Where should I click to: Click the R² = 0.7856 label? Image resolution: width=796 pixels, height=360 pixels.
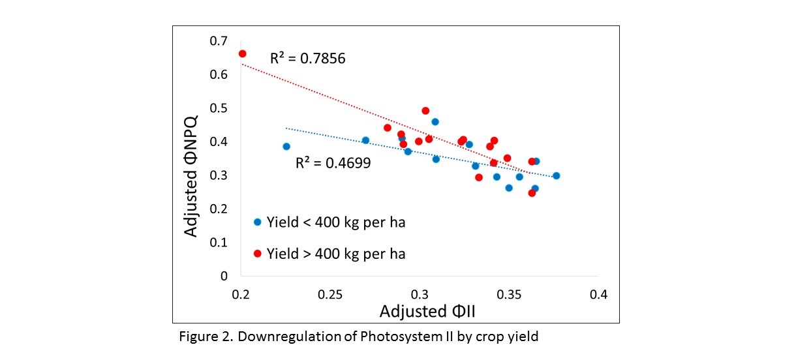307,59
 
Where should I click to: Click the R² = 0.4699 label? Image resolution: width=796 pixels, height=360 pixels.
333,163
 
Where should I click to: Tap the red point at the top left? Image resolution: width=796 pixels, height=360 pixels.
242,53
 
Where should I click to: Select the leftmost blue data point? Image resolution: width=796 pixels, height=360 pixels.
286,147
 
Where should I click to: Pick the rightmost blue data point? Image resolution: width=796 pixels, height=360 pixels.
556,175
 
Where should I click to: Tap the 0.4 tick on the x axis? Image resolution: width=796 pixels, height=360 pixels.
598,295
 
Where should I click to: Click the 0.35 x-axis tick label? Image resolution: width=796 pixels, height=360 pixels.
509,295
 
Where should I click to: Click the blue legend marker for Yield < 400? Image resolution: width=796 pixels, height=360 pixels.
258,222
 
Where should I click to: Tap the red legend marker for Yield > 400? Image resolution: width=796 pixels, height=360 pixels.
258,254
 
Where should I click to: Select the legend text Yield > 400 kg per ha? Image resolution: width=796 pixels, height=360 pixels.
336,254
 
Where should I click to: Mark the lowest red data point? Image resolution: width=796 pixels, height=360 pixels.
532,193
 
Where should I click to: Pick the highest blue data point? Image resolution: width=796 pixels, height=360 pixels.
435,121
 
